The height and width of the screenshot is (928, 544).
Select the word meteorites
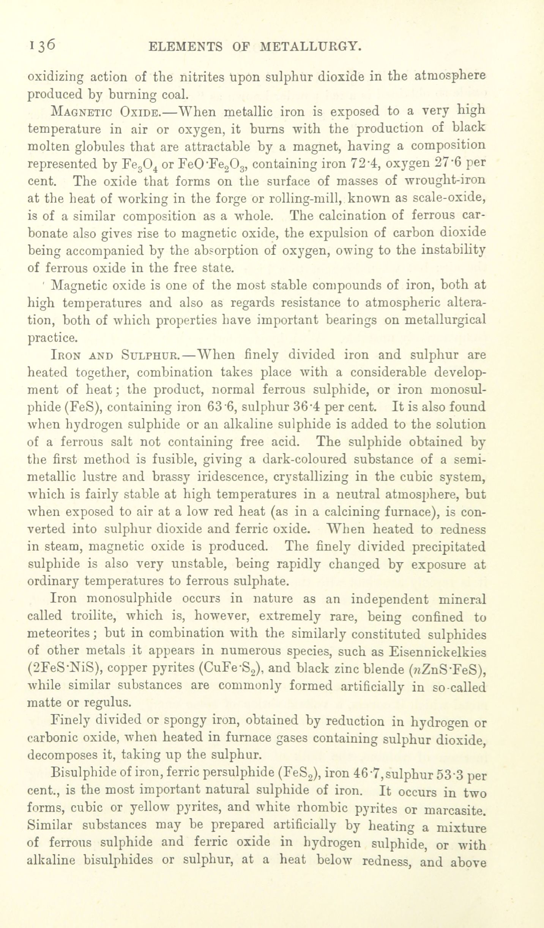click(x=64, y=634)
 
